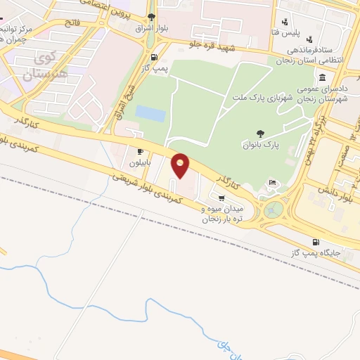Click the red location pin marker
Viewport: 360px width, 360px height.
(181, 165)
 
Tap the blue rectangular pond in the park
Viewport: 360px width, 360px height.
(148, 112)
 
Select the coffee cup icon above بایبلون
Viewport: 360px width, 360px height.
(140, 150)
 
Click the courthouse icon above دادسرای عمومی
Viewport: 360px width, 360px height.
(322, 78)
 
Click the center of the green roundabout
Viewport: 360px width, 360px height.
(274, 208)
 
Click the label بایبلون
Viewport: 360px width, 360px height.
(140, 163)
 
